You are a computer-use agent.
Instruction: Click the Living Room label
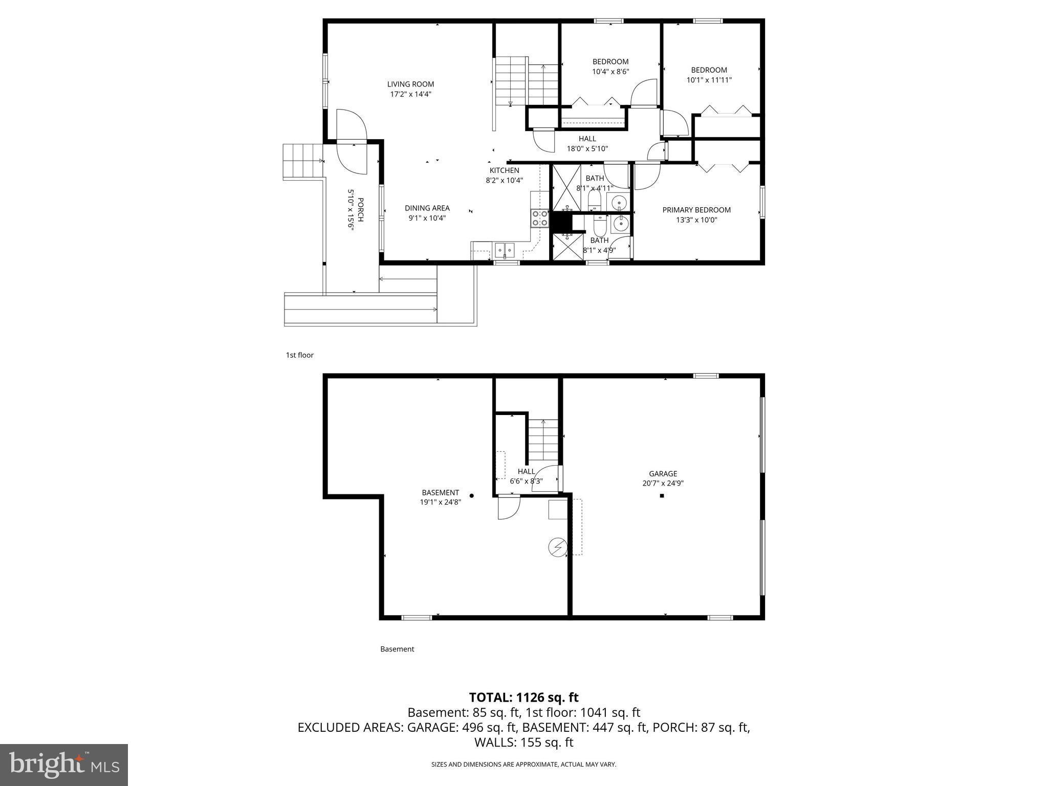pyautogui.click(x=410, y=84)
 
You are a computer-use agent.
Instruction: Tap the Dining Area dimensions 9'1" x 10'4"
pyautogui.click(x=427, y=218)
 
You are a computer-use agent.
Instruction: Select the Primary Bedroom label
pyautogui.click(x=696, y=210)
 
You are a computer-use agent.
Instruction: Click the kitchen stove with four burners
pyautogui.click(x=539, y=219)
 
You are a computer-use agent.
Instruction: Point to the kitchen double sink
pyautogui.click(x=504, y=250)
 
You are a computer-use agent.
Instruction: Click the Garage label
pyautogui.click(x=663, y=474)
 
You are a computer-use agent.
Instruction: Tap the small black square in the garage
pyautogui.click(x=662, y=496)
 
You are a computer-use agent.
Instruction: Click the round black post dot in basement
pyautogui.click(x=472, y=495)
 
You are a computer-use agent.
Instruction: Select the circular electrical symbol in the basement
pyautogui.click(x=558, y=548)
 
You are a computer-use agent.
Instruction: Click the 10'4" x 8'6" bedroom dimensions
pyautogui.click(x=610, y=72)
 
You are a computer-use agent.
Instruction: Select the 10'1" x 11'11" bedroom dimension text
pyautogui.click(x=709, y=80)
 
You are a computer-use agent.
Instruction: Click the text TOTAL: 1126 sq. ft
pyautogui.click(x=523, y=697)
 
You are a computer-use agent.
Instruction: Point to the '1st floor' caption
pyautogui.click(x=299, y=355)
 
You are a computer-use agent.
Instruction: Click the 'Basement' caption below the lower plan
pyautogui.click(x=397, y=649)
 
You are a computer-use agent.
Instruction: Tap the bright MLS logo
pyautogui.click(x=64, y=765)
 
